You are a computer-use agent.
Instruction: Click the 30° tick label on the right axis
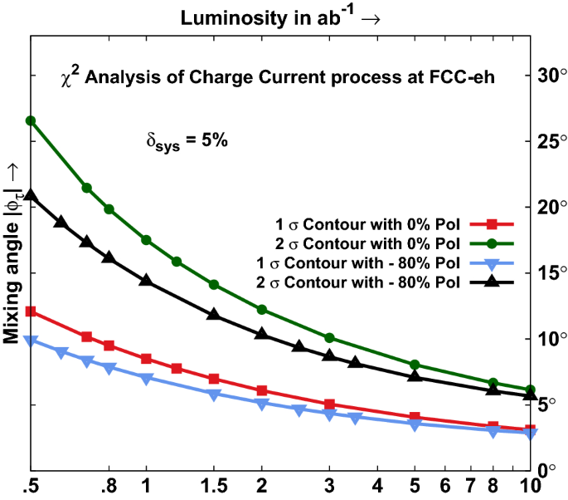click(547, 76)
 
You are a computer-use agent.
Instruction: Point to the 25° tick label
click(547, 141)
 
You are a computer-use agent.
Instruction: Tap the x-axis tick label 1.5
click(213, 485)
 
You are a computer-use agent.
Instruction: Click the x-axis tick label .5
click(31, 485)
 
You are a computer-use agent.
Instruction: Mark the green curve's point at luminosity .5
click(31, 120)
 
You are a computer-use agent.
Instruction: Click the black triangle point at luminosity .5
click(31, 195)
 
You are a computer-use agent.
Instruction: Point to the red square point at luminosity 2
click(262, 390)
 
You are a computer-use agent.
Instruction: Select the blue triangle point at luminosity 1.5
click(213, 395)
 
